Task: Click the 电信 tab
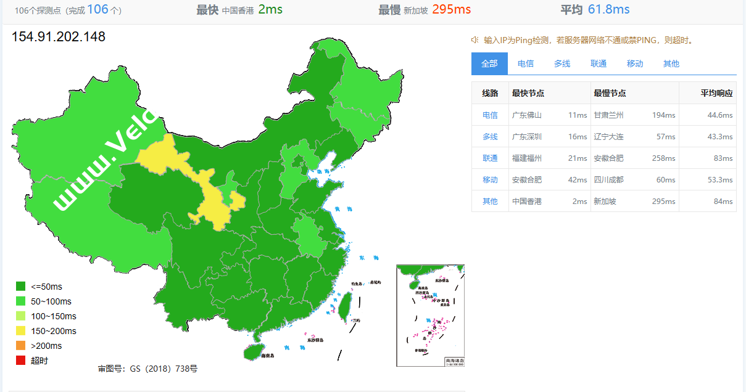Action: pyautogui.click(x=526, y=63)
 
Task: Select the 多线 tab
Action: pyautogui.click(x=562, y=63)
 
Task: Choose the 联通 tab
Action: pyautogui.click(x=599, y=63)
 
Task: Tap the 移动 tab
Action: pyautogui.click(x=635, y=63)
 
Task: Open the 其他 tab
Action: pyautogui.click(x=671, y=63)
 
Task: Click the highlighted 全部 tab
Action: pyautogui.click(x=489, y=63)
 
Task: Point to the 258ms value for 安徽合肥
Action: pyautogui.click(x=663, y=158)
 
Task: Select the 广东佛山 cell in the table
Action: pyautogui.click(x=527, y=115)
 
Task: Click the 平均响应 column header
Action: pyautogui.click(x=716, y=94)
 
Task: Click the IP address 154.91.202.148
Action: pyautogui.click(x=59, y=37)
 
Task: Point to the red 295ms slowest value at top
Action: pyautogui.click(x=451, y=9)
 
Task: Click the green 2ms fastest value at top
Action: pyautogui.click(x=270, y=9)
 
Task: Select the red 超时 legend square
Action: pyautogui.click(x=20, y=361)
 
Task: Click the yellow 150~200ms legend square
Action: pyautogui.click(x=20, y=331)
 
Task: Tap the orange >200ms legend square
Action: pyautogui.click(x=20, y=346)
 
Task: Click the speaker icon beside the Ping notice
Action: pyautogui.click(x=475, y=40)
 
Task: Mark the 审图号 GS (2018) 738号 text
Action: pyautogui.click(x=147, y=369)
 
